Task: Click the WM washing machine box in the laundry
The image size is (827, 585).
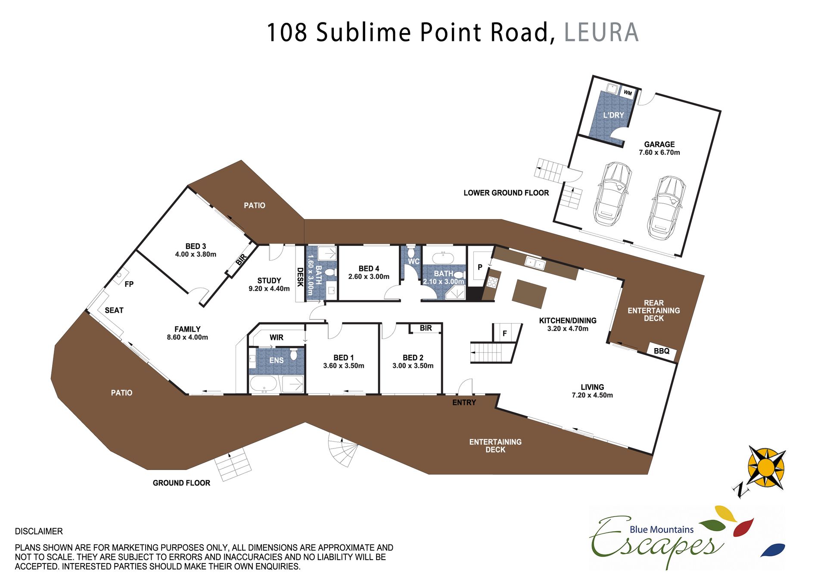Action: click(x=628, y=93)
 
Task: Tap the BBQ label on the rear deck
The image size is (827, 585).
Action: click(x=662, y=351)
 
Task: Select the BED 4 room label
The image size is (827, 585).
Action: click(x=369, y=268)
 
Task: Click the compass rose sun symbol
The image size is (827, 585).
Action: click(x=766, y=467)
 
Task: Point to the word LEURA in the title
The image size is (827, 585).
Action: click(x=601, y=32)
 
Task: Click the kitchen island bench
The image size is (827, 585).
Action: click(x=529, y=294)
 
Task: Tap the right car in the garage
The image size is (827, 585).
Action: click(x=666, y=207)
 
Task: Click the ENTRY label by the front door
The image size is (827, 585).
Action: click(x=464, y=402)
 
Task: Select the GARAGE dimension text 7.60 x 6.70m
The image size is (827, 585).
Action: click(x=659, y=152)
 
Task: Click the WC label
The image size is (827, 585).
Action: click(x=413, y=261)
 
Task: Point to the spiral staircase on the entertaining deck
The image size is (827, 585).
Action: click(x=343, y=450)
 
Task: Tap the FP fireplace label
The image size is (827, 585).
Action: click(x=129, y=284)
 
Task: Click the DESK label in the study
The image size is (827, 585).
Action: click(x=300, y=277)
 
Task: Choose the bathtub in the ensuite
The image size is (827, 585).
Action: click(x=264, y=384)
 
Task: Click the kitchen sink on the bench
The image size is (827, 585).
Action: click(x=535, y=263)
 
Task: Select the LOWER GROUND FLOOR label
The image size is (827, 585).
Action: click(x=506, y=193)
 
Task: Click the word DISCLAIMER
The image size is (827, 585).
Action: click(x=39, y=531)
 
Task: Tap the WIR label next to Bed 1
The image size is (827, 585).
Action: click(x=277, y=337)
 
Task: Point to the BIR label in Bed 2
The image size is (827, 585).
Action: click(x=426, y=328)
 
